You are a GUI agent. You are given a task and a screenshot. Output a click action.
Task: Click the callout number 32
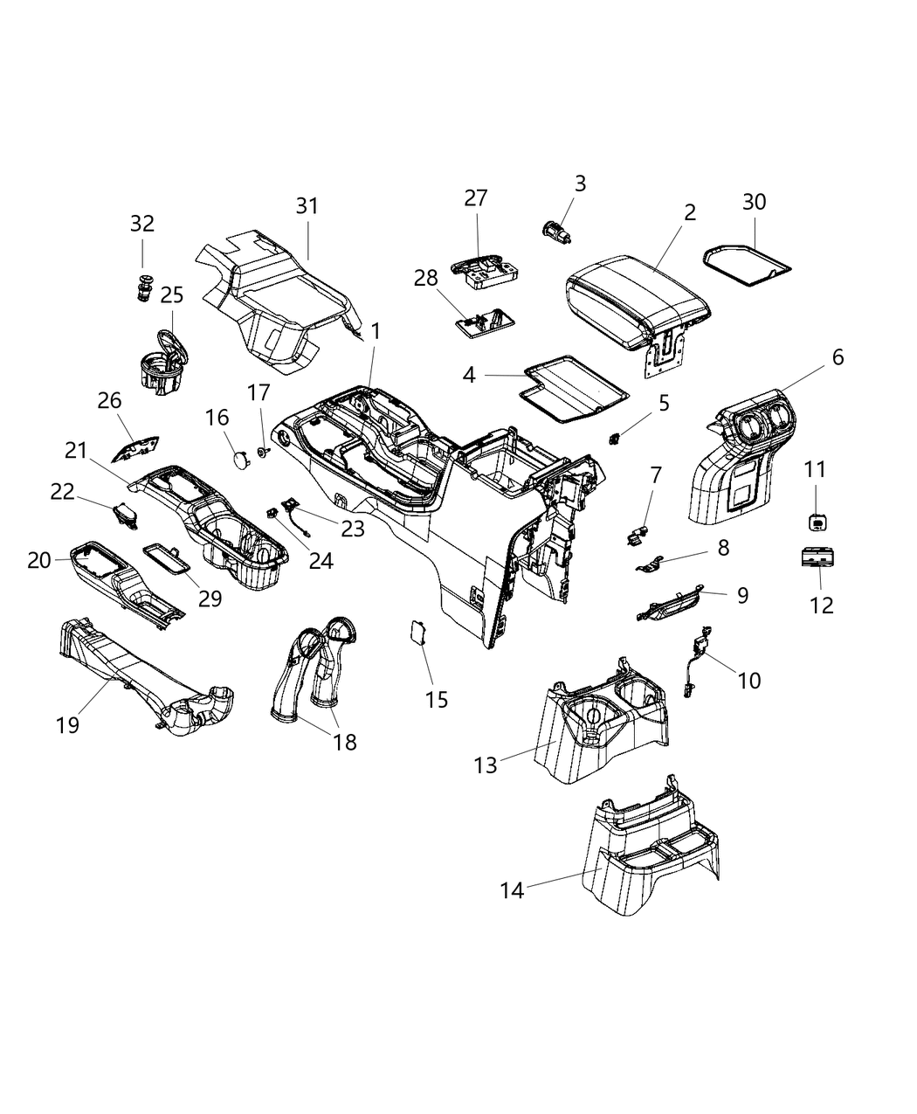142,224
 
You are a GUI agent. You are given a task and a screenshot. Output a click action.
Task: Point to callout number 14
512,890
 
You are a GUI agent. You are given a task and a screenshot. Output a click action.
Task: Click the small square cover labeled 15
417,632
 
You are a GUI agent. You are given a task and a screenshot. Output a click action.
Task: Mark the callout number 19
68,724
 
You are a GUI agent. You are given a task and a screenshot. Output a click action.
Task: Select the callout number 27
476,198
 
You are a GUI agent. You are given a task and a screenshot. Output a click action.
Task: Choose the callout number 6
838,357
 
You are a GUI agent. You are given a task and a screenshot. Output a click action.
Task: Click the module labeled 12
819,557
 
